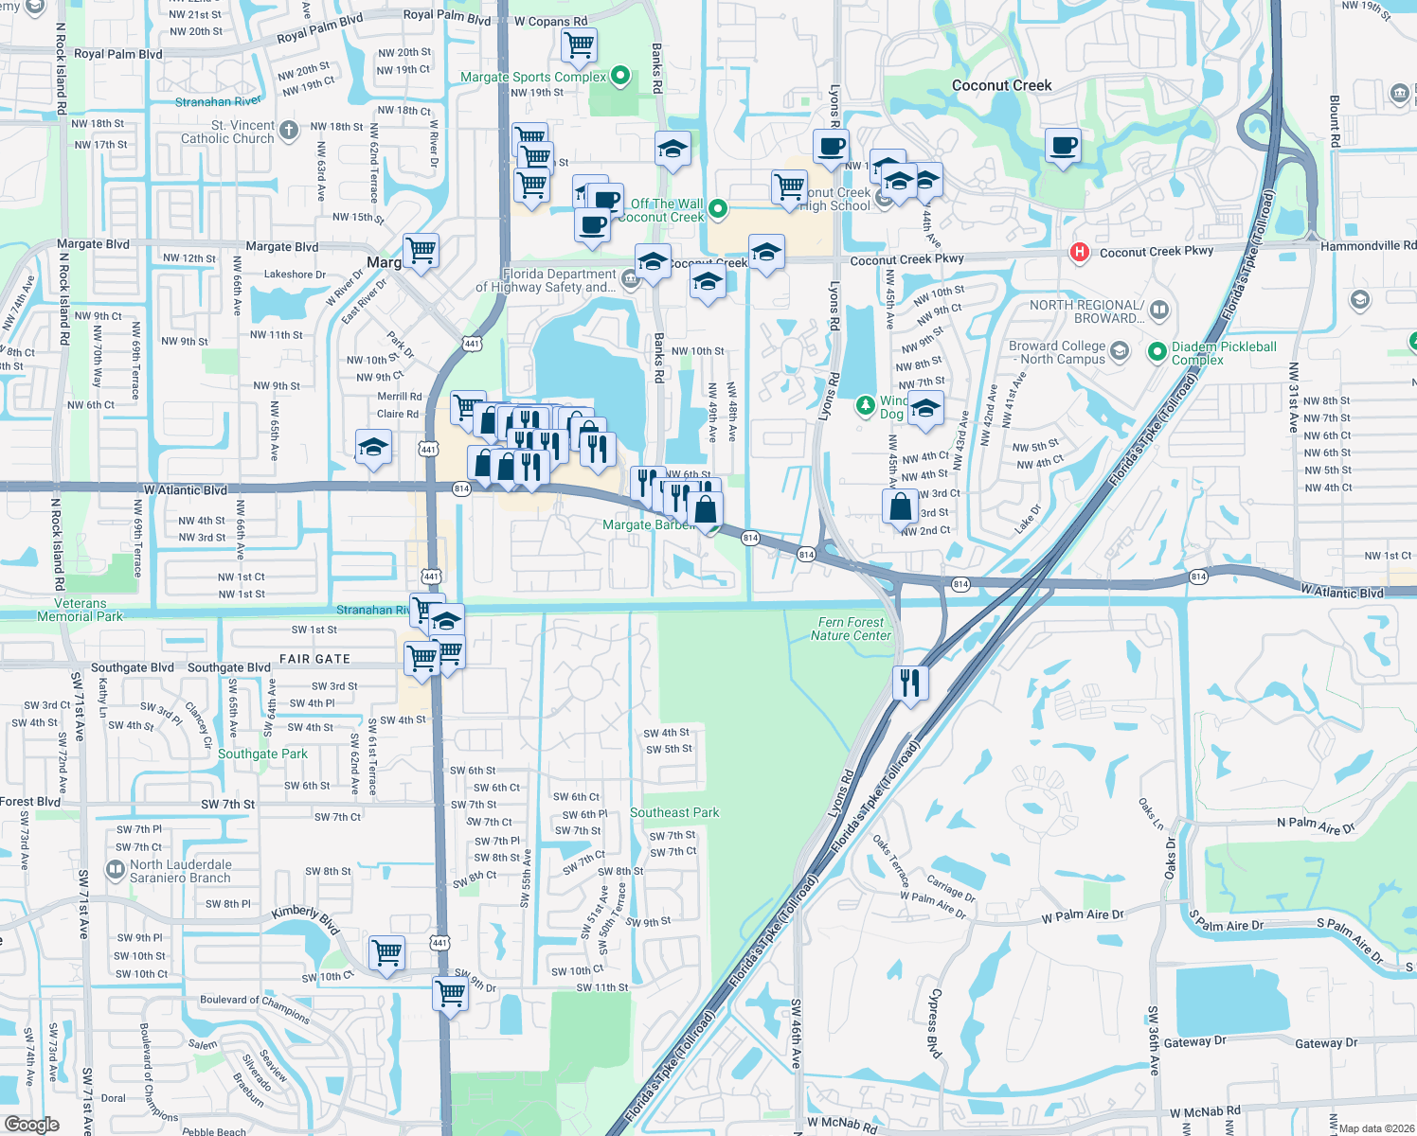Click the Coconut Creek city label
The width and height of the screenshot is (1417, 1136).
1001,85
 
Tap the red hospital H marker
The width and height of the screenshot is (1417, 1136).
1078,252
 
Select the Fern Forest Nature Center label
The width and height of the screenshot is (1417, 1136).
851,629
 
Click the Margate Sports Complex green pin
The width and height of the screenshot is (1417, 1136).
620,75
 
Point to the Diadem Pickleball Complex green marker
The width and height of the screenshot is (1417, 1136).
1157,352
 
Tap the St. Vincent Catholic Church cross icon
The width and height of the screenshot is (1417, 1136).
290,130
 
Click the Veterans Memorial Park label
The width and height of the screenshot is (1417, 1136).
81,610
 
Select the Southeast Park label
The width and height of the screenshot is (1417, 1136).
674,812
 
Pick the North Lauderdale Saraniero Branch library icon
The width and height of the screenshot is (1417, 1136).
116,869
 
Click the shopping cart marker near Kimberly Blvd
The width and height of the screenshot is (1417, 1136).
387,952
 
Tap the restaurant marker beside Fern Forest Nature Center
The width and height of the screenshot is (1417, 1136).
910,682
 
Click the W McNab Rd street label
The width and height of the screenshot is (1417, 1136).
1204,1111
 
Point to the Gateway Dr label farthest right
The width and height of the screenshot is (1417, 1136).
1325,1043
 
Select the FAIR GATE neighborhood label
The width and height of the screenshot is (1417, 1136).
314,659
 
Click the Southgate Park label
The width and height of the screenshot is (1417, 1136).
262,754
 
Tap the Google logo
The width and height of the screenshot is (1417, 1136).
32,1124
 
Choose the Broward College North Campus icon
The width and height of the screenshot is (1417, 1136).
1120,352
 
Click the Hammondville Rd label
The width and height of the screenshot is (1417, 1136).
1368,246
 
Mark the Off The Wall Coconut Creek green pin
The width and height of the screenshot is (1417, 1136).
718,208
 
